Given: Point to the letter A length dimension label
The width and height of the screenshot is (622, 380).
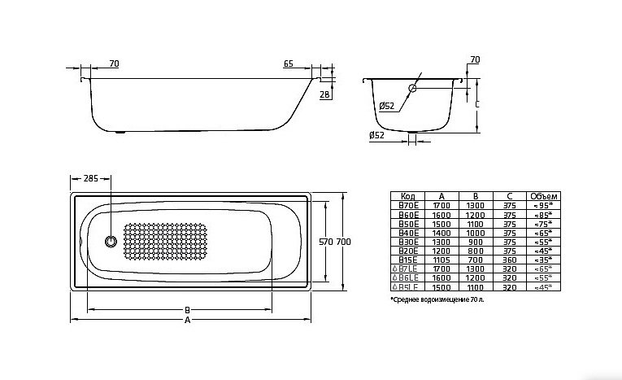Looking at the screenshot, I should tap(188, 321).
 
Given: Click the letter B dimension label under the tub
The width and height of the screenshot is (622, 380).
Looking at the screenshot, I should tap(188, 309).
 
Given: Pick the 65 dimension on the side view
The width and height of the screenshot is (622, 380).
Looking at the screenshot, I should tap(289, 63).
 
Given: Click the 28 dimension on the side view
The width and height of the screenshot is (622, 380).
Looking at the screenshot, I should tap(325, 95).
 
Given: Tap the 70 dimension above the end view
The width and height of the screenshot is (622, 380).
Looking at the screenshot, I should tap(475, 59).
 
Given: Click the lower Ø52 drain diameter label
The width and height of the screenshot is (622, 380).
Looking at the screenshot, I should tap(377, 135).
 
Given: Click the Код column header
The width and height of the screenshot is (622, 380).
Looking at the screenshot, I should tap(408, 196).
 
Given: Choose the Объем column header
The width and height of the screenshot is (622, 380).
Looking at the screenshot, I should tap(543, 196).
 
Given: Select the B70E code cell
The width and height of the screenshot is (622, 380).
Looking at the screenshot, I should tap(408, 205).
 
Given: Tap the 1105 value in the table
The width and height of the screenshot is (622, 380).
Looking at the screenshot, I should tap(441, 258).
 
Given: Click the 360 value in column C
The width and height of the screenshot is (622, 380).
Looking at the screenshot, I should tap(509, 258).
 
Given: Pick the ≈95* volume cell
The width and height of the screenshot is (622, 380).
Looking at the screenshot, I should tap(543, 205).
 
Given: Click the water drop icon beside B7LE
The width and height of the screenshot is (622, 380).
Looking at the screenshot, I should tap(394, 268).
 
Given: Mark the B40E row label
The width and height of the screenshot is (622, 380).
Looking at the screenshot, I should tap(408, 232).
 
